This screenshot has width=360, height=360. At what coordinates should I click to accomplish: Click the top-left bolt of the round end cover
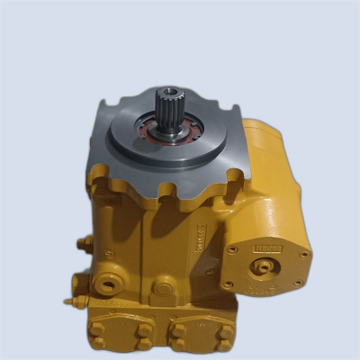234,249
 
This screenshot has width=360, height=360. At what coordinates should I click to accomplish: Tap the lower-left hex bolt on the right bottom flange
179,342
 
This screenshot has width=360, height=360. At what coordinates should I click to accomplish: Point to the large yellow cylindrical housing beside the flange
279,180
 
